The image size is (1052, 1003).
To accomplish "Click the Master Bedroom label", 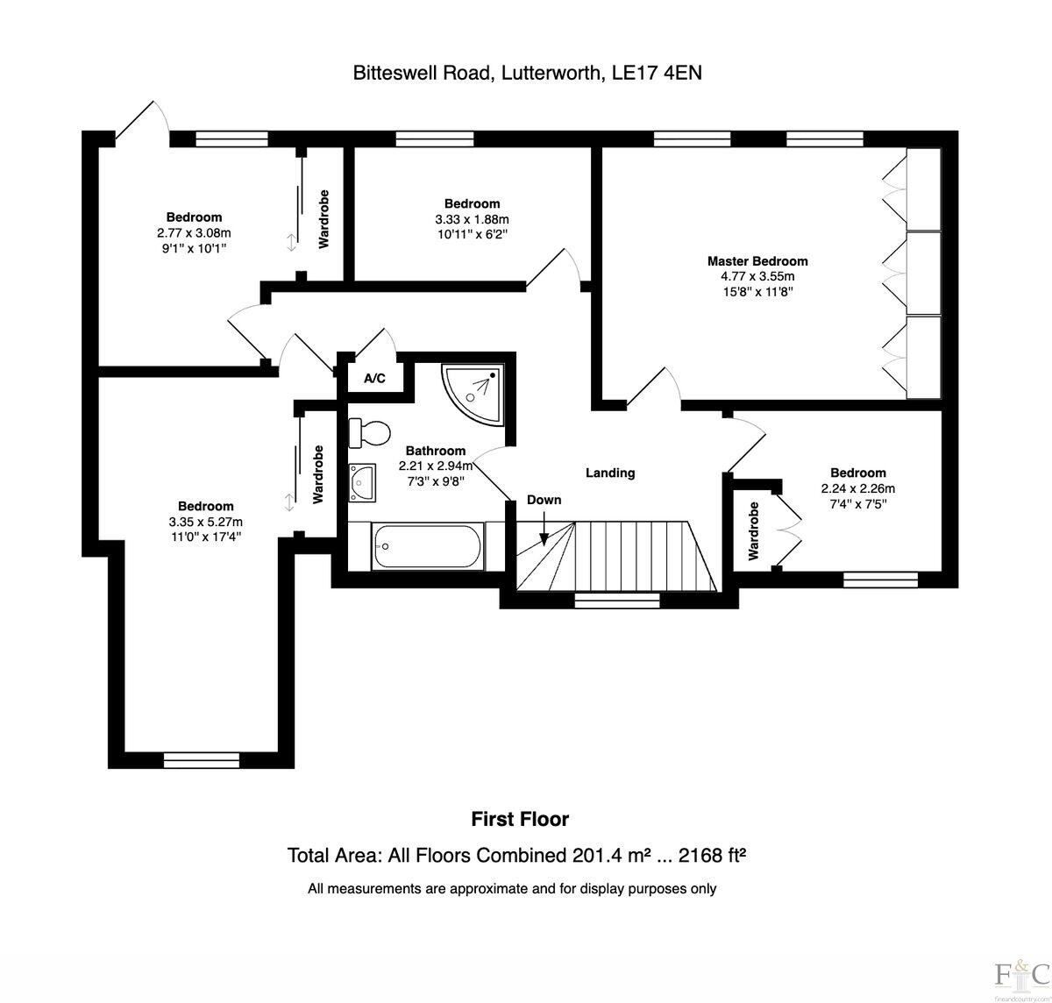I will pyautogui.click(x=757, y=260).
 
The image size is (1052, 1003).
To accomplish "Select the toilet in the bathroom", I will pyautogui.click(x=370, y=432).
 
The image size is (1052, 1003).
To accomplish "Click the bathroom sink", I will pyautogui.click(x=361, y=482).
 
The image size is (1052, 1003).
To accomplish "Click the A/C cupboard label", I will pyautogui.click(x=374, y=379).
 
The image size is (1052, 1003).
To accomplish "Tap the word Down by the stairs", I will pyautogui.click(x=544, y=500).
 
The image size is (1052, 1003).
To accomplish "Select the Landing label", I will pyautogui.click(x=610, y=473).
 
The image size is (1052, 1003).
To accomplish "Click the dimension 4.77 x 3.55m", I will pyautogui.click(x=757, y=276).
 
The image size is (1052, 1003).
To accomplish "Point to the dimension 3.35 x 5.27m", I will pyautogui.click(x=206, y=522).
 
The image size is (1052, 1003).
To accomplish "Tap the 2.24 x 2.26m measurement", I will pyautogui.click(x=857, y=488).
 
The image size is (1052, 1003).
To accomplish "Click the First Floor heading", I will pyautogui.click(x=520, y=819).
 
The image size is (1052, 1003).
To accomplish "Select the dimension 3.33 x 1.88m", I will pyautogui.click(x=472, y=219).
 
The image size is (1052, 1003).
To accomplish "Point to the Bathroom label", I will pyautogui.click(x=435, y=451).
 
